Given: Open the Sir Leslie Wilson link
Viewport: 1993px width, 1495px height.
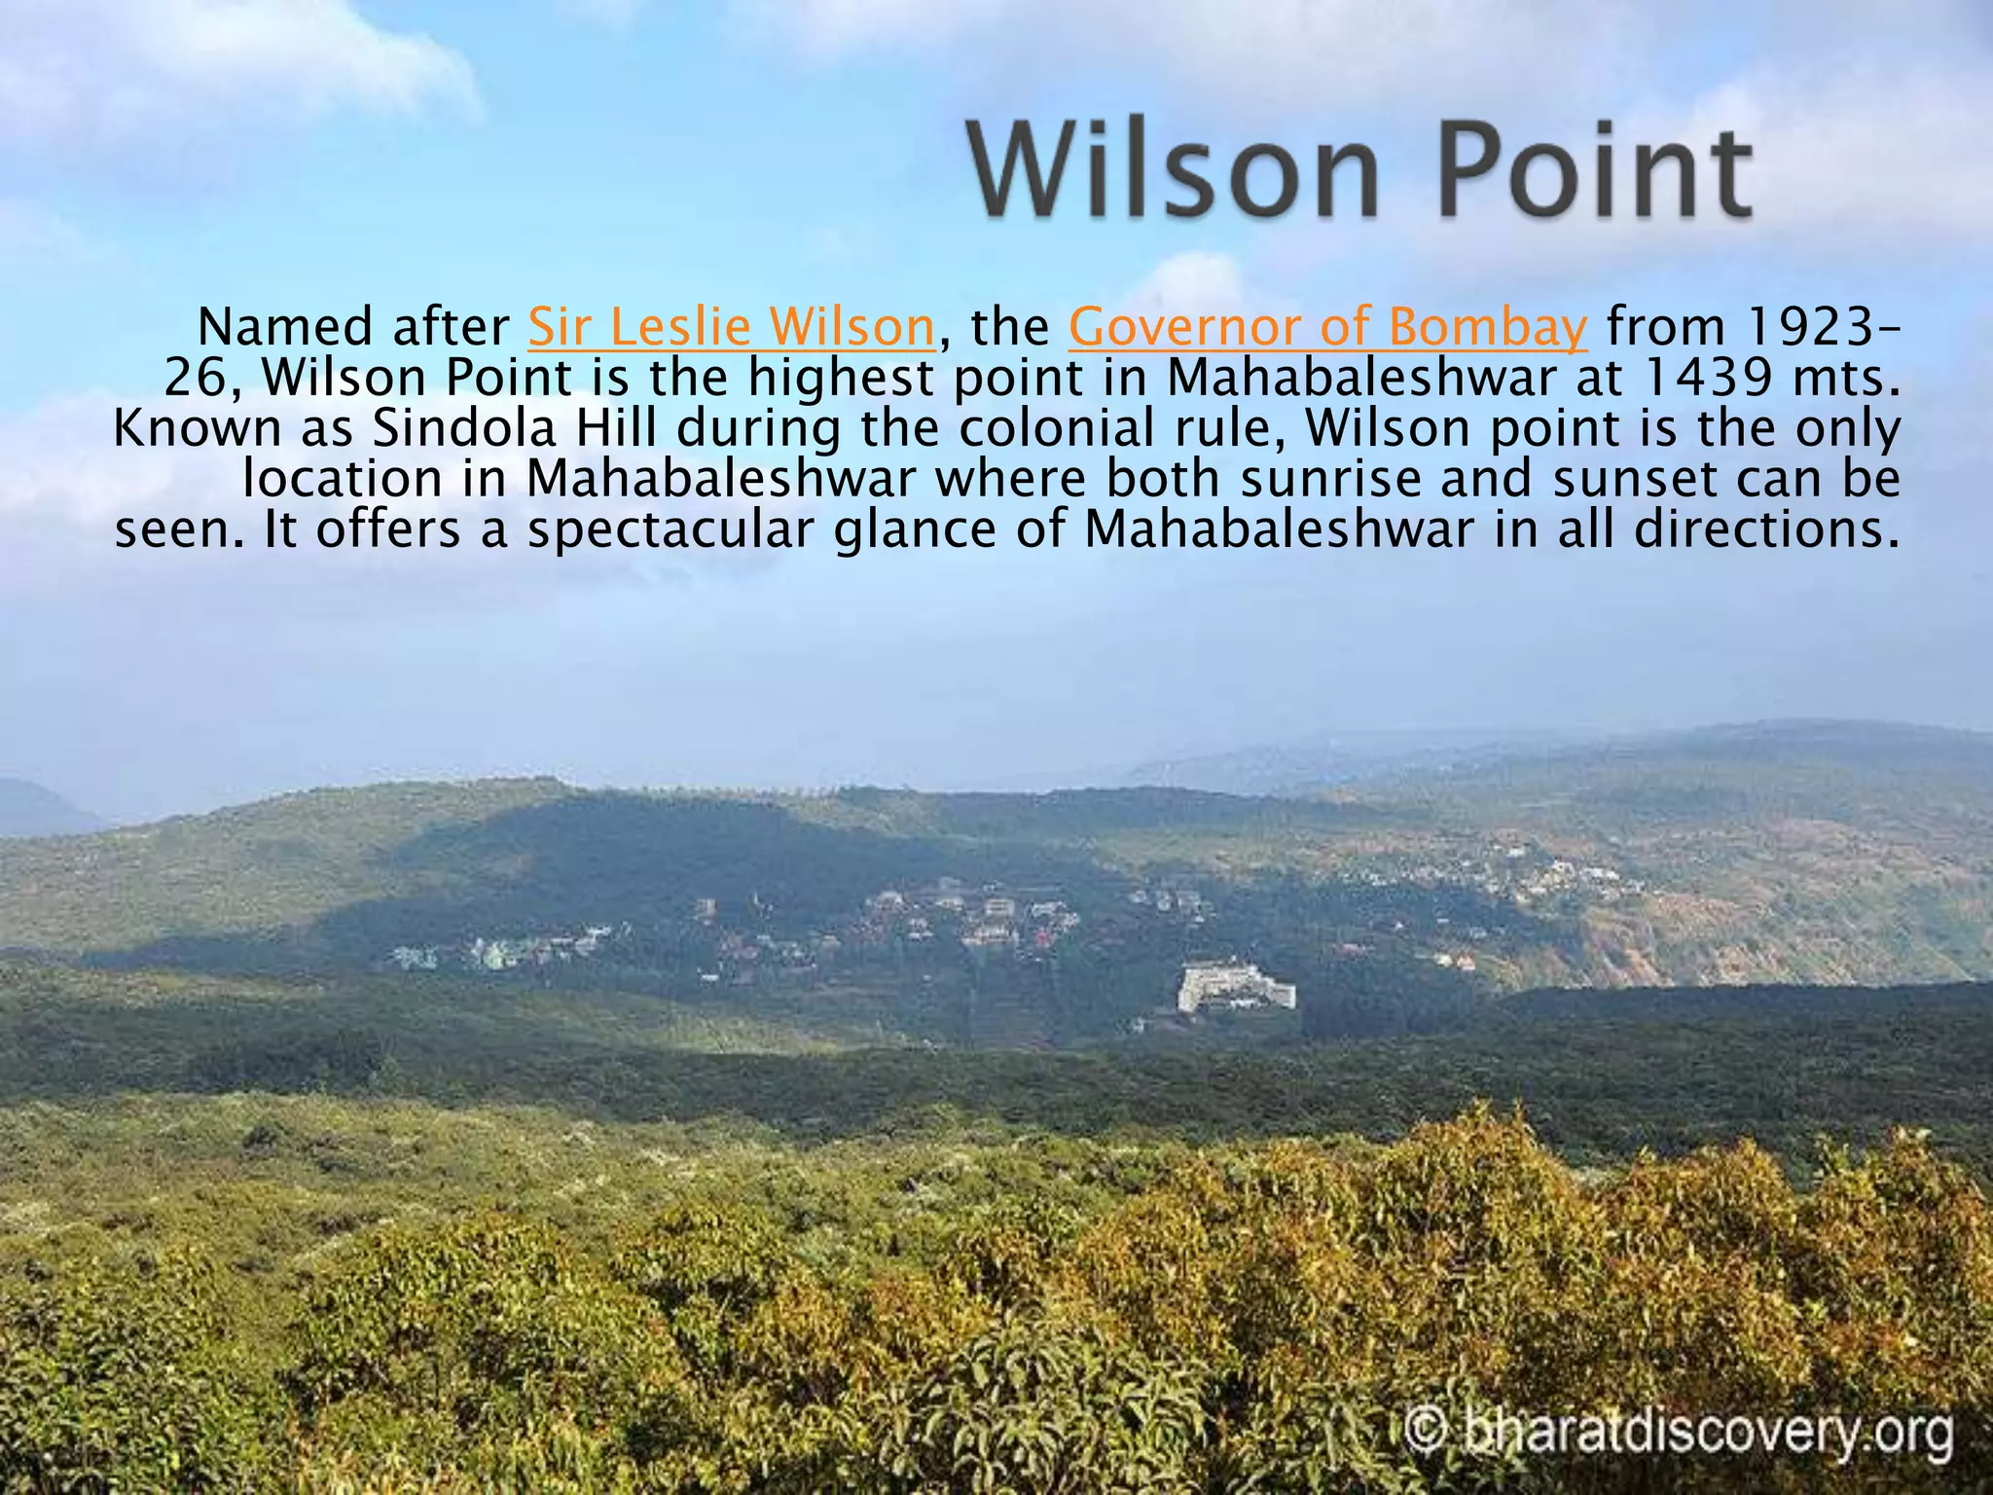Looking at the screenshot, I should pos(731,328).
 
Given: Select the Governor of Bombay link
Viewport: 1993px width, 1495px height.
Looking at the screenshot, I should pos(1327,328).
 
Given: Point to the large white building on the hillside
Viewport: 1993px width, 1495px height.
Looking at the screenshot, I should pos(1234,987).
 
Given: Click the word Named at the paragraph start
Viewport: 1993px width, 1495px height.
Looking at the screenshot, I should pos(284,328).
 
